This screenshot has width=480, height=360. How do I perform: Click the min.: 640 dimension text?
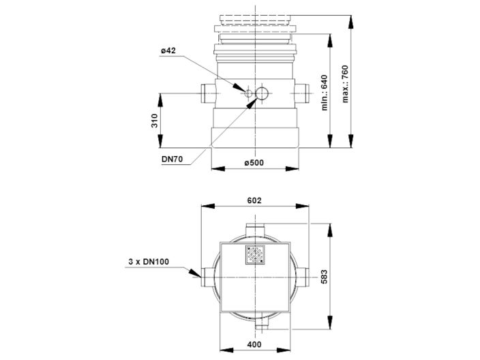325,92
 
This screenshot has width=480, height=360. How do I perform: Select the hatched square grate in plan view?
256,254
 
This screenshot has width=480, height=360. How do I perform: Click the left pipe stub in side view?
209,91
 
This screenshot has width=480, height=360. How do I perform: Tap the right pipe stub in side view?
304,91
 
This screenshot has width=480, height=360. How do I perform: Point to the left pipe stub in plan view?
207,275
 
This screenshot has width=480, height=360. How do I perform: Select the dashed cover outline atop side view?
256,19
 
